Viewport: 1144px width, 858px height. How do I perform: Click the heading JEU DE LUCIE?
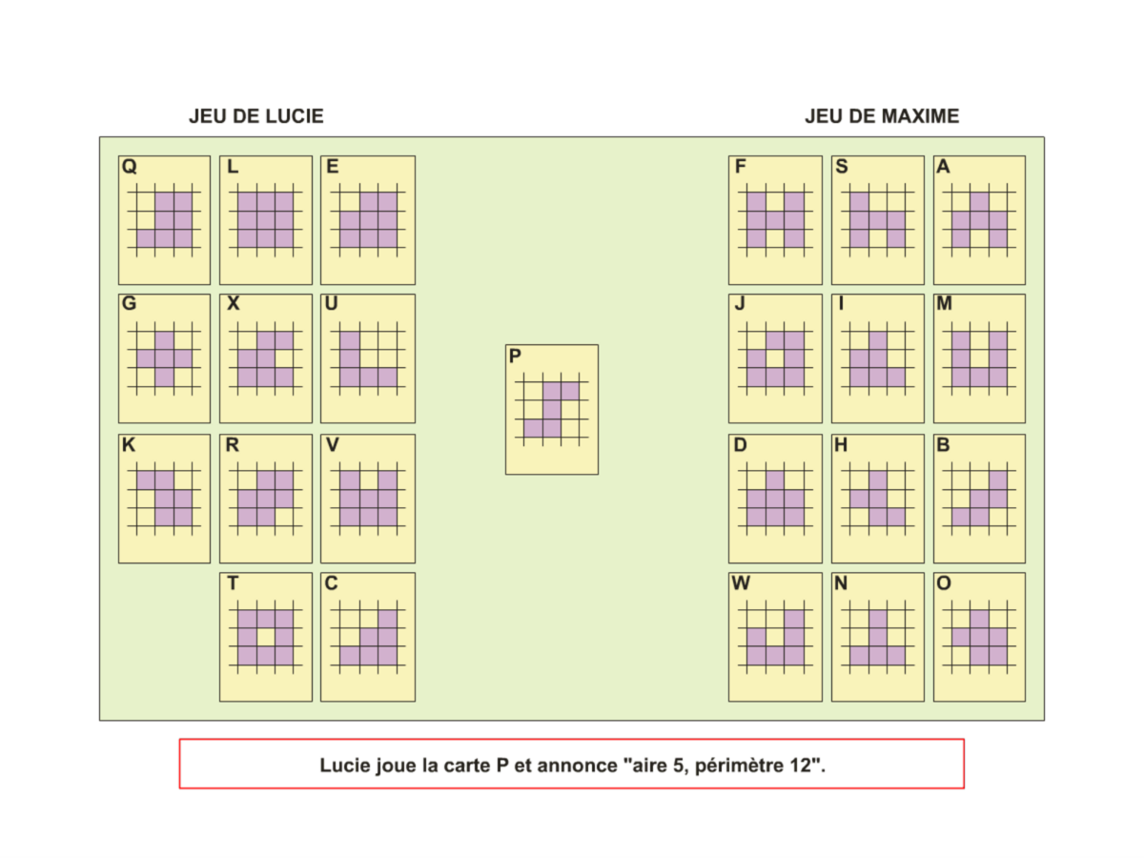[255, 116]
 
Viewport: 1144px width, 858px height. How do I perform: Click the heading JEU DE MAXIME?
[882, 116]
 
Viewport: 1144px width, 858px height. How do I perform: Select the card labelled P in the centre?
[552, 409]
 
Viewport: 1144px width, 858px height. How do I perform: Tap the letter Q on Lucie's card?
[130, 167]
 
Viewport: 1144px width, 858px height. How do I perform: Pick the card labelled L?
[266, 220]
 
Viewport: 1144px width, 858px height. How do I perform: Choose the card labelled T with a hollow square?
[266, 637]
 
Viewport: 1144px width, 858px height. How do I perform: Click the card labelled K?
[164, 499]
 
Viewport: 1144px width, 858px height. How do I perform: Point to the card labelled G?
[164, 358]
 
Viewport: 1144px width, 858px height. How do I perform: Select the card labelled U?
[368, 358]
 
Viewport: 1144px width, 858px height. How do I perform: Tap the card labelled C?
[368, 637]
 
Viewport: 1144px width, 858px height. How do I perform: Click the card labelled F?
[775, 220]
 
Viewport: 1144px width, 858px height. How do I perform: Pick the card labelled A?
[979, 220]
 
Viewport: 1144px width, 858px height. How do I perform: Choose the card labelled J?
[775, 358]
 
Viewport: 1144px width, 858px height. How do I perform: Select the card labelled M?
[979, 358]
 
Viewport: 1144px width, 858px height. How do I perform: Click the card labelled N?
[877, 637]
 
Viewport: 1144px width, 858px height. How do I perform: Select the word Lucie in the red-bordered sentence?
[343, 765]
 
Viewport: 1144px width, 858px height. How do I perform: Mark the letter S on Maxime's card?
[842, 167]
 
